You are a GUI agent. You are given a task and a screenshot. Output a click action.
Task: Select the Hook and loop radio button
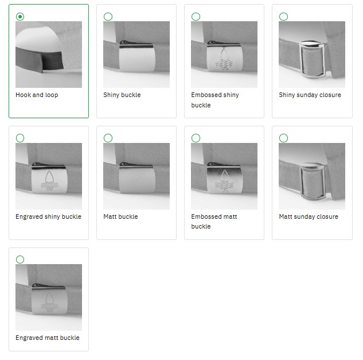(20, 17)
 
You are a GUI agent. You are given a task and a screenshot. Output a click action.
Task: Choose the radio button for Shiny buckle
(108, 17)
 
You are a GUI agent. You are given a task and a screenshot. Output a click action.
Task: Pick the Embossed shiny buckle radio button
(196, 17)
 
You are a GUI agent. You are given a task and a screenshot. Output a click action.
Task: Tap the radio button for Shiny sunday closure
(283, 17)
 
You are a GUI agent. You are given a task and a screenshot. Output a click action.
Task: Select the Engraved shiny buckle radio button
(20, 138)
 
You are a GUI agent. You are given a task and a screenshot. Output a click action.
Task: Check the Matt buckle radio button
(108, 138)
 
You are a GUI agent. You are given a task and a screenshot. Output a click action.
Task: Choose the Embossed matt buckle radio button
(196, 138)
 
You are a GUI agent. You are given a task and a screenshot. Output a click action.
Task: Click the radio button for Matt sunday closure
(283, 138)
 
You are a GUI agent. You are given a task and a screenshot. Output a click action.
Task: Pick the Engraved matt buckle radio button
(20, 260)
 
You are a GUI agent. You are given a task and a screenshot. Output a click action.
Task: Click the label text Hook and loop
(37, 95)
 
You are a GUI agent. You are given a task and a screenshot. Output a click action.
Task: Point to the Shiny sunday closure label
(310, 95)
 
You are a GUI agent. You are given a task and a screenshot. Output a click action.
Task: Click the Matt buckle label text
(120, 216)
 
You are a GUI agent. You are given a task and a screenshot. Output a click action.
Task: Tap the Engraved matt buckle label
(48, 338)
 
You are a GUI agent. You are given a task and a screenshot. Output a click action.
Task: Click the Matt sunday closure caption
(309, 216)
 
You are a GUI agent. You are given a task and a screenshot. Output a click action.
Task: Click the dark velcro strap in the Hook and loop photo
(40, 60)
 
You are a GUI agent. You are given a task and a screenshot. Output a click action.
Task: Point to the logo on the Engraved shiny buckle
(49, 181)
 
